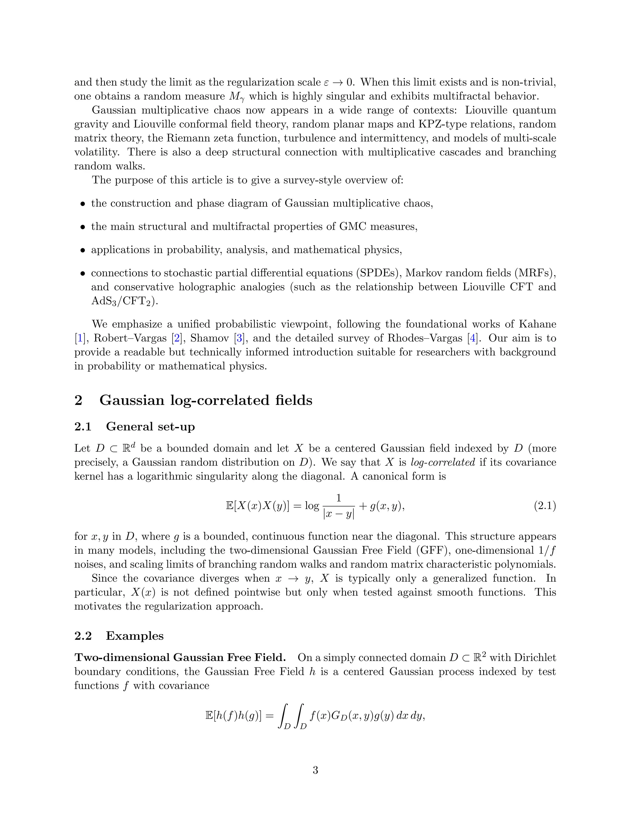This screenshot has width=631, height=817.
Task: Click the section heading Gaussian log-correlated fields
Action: click(206, 400)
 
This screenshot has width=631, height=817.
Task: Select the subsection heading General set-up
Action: click(150, 426)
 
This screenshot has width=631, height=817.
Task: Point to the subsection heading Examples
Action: click(135, 636)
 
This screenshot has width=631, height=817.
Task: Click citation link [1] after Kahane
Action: click(79, 338)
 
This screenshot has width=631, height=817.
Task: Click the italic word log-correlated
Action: click(443, 462)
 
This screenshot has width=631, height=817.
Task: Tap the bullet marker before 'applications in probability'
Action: click(83, 250)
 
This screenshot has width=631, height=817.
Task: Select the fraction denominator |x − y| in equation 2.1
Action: click(338, 514)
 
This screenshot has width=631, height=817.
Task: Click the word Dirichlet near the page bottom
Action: click(535, 658)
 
